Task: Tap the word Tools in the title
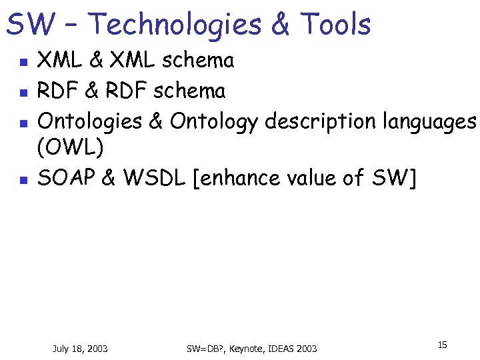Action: pos(335,25)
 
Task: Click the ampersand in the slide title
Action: pos(281,25)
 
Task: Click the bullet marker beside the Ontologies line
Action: pos(22,123)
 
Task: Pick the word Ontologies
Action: pos(90,121)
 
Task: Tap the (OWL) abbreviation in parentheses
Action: pos(70,149)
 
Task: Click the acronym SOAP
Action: pos(67,177)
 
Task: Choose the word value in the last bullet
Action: pos(312,177)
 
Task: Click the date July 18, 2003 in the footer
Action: pos(80,349)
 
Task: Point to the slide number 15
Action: pos(442,345)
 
